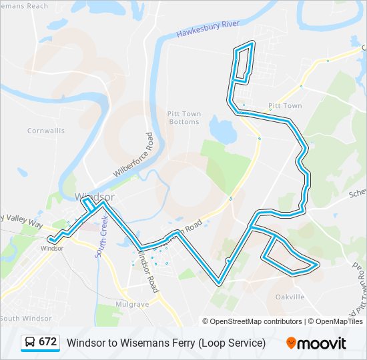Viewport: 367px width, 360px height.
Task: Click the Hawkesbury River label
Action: pyautogui.click(x=208, y=29)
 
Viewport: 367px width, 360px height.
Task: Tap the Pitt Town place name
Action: pyautogui.click(x=285, y=106)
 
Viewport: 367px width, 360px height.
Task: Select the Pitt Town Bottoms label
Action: pyautogui.click(x=183, y=118)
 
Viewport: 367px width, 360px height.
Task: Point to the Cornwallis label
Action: pyautogui.click(x=46, y=131)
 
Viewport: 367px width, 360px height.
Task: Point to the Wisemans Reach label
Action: pyautogui.click(x=24, y=6)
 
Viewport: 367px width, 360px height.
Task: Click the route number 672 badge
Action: pyautogui.click(x=47, y=342)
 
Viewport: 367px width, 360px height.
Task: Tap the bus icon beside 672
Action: pyautogui.click(x=30, y=343)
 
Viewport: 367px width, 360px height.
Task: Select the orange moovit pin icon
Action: pyautogui.click(x=291, y=343)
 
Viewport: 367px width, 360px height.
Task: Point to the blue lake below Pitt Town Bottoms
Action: pyautogui.click(x=222, y=131)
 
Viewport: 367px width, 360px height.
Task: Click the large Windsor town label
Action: pyautogui.click(x=95, y=197)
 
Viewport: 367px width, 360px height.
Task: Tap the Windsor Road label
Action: pyautogui.click(x=148, y=270)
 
